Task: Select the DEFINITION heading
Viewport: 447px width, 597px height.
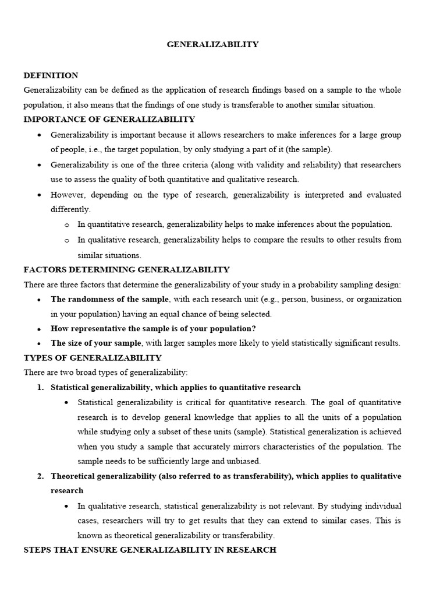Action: point(51,75)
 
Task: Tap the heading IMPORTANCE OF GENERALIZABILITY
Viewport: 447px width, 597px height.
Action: point(109,120)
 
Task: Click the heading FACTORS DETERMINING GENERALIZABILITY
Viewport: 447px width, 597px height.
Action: point(126,269)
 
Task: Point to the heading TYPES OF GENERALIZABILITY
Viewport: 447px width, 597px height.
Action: point(93,357)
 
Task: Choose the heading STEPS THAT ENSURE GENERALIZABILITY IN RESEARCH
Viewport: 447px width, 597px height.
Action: point(150,550)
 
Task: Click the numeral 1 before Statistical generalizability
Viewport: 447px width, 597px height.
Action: point(40,388)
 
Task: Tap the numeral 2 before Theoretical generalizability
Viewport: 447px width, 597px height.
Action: point(40,476)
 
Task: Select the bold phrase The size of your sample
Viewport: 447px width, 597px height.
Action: point(96,343)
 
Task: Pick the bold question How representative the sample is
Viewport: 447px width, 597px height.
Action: point(153,328)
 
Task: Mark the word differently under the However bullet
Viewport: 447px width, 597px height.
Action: point(70,209)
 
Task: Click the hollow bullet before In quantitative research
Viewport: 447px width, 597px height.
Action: point(67,224)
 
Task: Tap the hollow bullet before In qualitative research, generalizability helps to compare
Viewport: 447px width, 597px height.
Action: point(67,240)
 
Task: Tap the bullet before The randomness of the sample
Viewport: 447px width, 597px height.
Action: point(38,300)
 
